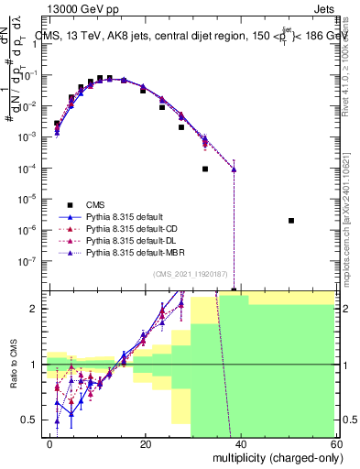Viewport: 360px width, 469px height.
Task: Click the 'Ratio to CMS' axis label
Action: (x=12, y=365)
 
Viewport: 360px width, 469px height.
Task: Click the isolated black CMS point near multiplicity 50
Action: (x=290, y=221)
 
